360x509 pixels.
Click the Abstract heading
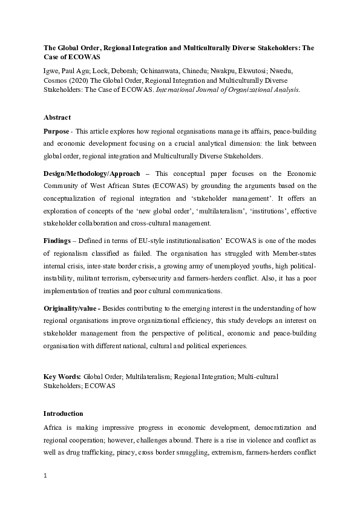point(57,117)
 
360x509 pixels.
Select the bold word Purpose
point(56,131)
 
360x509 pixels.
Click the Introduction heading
point(64,413)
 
